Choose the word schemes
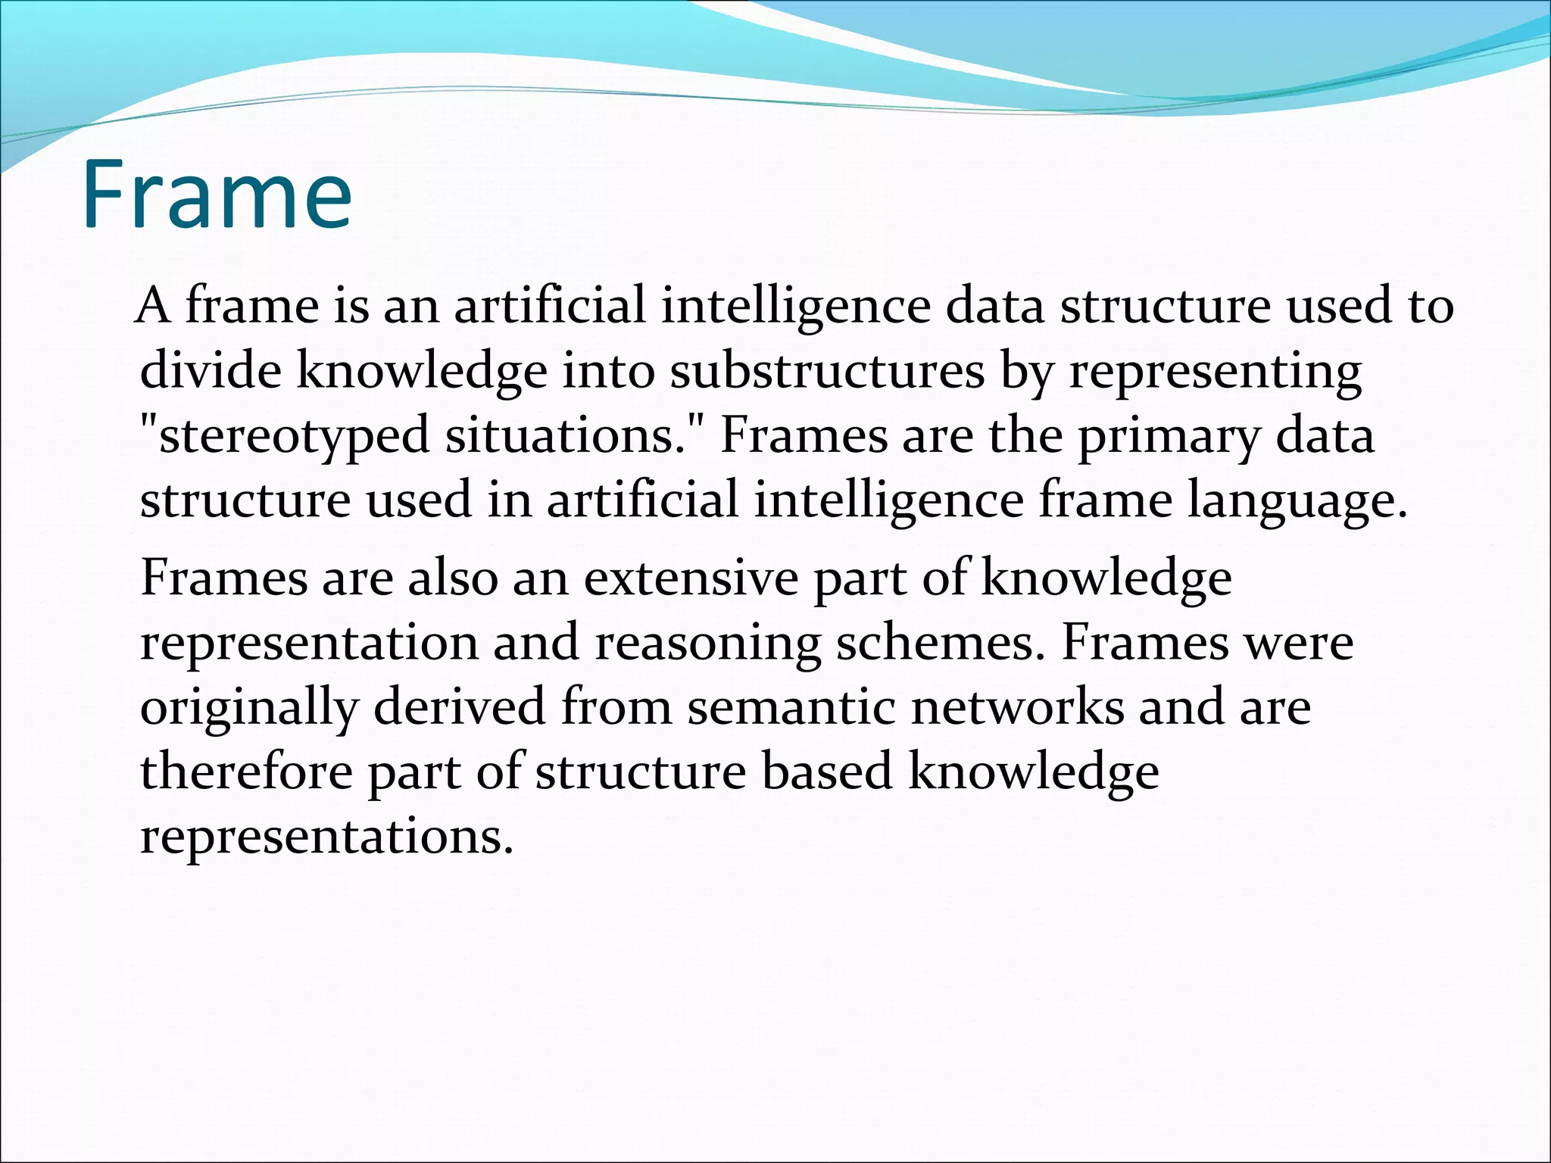(x=941, y=643)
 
